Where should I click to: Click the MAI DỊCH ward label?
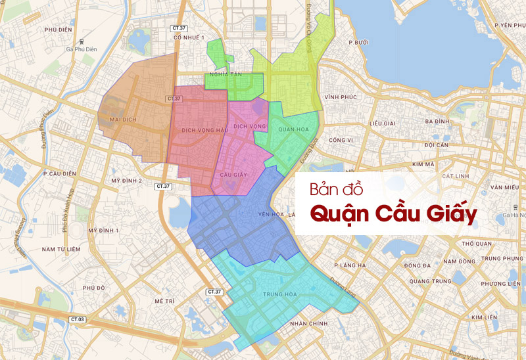tap(124, 120)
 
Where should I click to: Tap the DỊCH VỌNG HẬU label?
tap(205, 130)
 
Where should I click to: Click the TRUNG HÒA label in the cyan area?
tap(278, 294)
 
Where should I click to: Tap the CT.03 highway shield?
tap(78, 319)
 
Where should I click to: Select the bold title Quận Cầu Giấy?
tap(393, 215)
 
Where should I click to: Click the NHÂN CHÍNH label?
tap(308, 324)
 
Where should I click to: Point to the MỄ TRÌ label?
tap(164, 300)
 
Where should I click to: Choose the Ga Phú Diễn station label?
tap(81, 49)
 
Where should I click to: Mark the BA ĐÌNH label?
tap(437, 122)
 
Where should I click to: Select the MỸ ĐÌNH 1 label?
tap(104, 231)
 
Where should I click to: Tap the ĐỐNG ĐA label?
tap(418, 265)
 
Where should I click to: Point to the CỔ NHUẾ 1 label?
tap(189, 37)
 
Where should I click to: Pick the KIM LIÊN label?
tap(483, 317)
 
